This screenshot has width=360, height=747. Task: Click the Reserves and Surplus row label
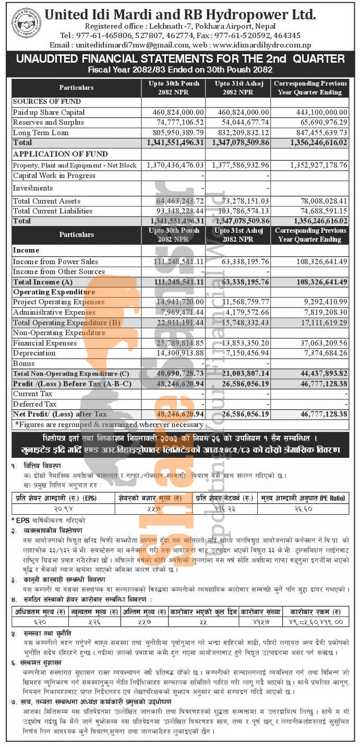pyautogui.click(x=49, y=123)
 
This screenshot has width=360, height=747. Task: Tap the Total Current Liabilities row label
pyautogui.click(x=53, y=211)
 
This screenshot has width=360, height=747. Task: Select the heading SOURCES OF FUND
pyautogui.click(x=47, y=101)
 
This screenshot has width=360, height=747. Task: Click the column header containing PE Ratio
pyautogui.click(x=303, y=498)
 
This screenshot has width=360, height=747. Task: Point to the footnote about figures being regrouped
pyautogui.click(x=109, y=424)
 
